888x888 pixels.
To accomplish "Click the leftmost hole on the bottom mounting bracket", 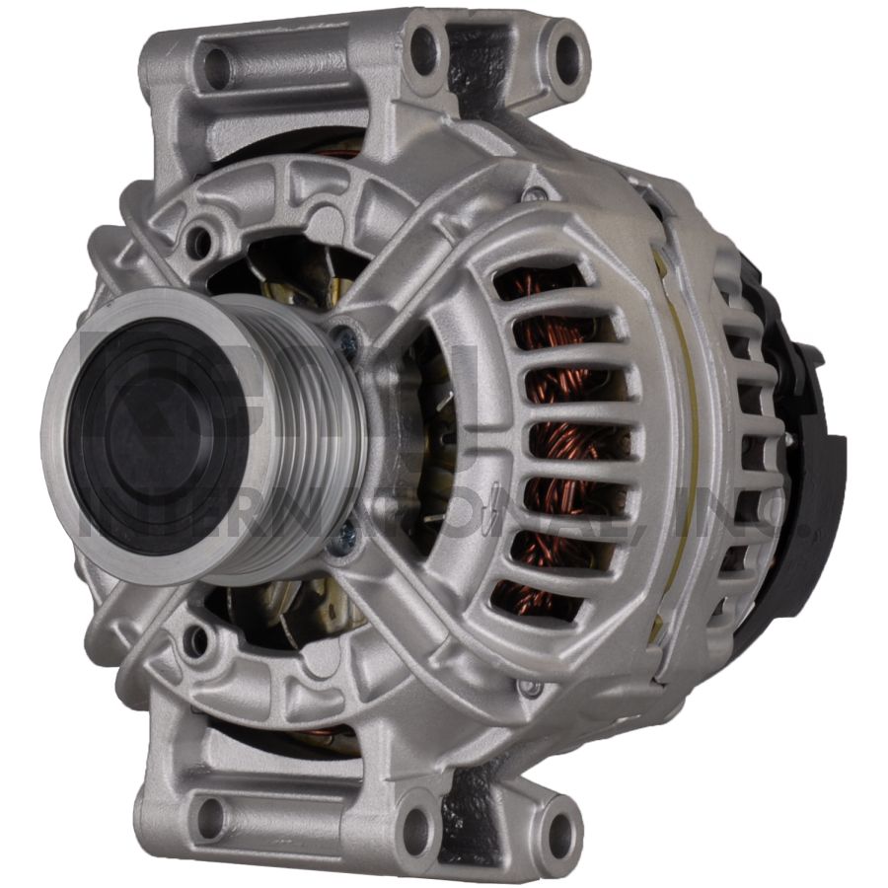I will pyautogui.click(x=211, y=818).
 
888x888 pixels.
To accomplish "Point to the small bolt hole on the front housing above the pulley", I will pyautogui.click(x=200, y=240).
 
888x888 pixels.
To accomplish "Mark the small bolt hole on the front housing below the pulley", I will pyautogui.click(x=197, y=641).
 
